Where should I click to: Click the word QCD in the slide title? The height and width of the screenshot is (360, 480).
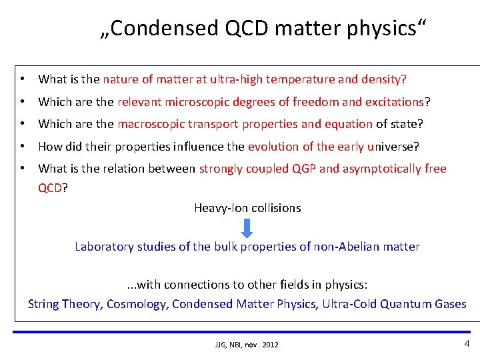coord(235,28)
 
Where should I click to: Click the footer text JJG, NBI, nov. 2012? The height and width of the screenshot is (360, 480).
coord(247,345)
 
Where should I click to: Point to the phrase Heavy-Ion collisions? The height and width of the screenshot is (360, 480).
coord(247,208)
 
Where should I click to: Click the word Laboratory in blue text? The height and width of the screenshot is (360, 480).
coord(105,247)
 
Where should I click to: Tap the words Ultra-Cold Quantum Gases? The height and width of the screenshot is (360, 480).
coord(395,304)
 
